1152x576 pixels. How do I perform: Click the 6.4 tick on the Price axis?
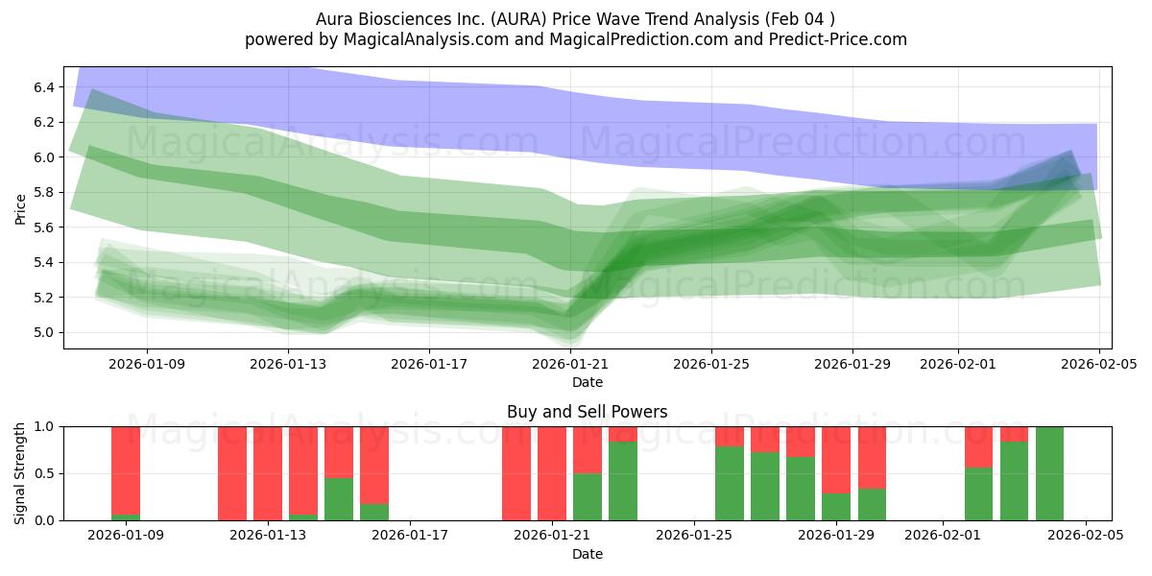pyautogui.click(x=45, y=87)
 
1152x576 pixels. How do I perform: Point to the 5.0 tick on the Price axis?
pyautogui.click(x=45, y=333)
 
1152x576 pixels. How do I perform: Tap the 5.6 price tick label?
pyautogui.click(x=45, y=228)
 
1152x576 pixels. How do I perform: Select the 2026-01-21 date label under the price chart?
pyautogui.click(x=570, y=364)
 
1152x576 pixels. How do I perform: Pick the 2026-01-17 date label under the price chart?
pyautogui.click(x=429, y=364)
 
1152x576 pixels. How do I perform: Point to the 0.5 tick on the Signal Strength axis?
pyautogui.click(x=45, y=474)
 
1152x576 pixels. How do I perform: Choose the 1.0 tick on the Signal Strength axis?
pyautogui.click(x=45, y=426)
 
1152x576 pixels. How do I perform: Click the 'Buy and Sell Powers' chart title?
pyautogui.click(x=587, y=412)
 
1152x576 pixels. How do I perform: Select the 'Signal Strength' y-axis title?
pyautogui.click(x=20, y=473)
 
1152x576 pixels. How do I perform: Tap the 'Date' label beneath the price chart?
pyautogui.click(x=587, y=382)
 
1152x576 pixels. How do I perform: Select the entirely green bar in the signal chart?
pyautogui.click(x=1049, y=473)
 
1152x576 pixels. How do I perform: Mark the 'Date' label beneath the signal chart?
pyautogui.click(x=587, y=554)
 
